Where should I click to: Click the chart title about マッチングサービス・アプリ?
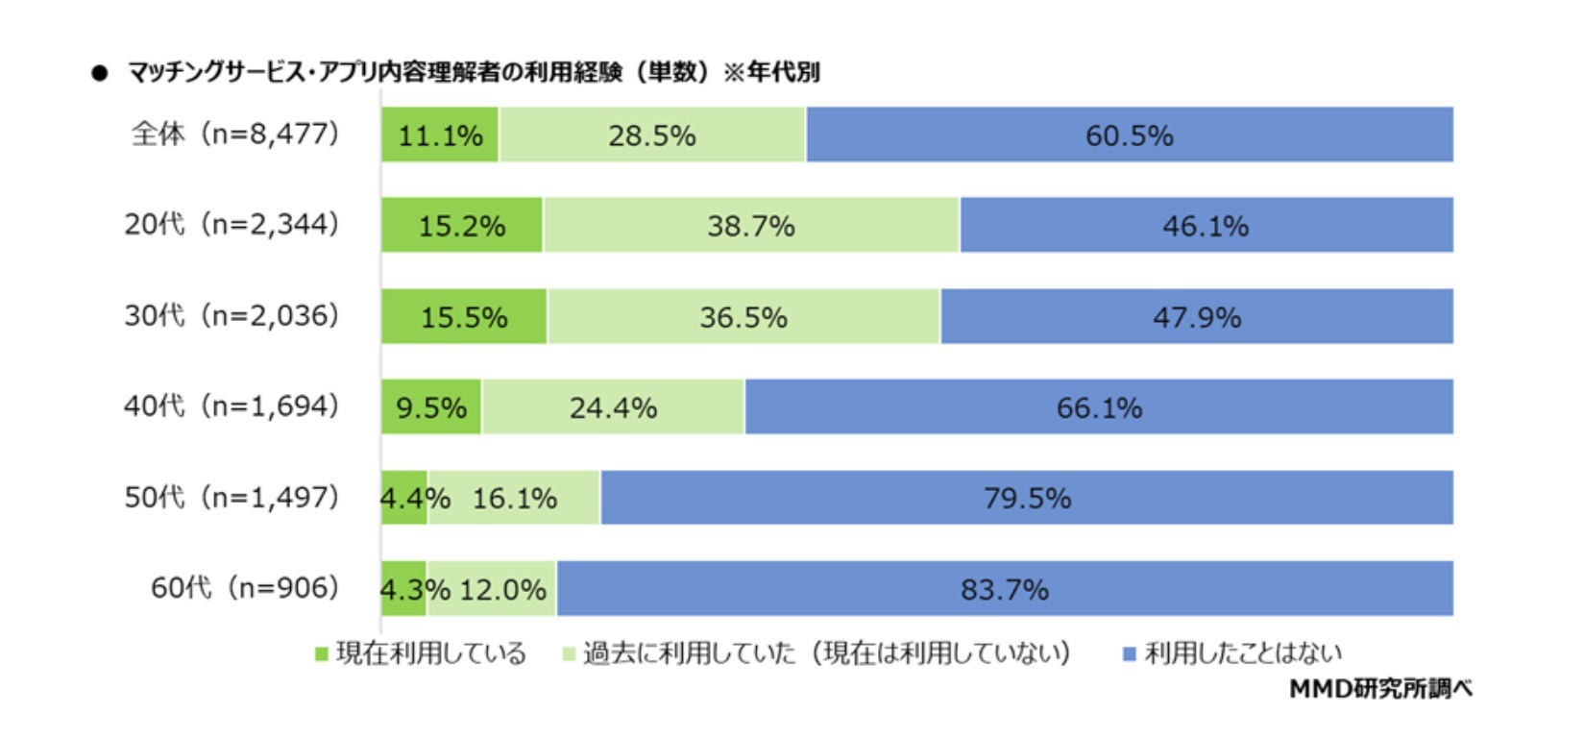(x=473, y=72)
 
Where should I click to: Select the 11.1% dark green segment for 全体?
(x=440, y=135)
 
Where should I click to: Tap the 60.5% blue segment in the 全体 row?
(x=1129, y=135)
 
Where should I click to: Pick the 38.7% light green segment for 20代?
(x=750, y=226)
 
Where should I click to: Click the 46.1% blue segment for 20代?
(x=1206, y=226)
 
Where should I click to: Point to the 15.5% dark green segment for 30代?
(x=464, y=316)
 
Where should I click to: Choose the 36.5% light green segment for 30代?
(x=743, y=316)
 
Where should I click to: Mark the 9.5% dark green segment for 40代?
(x=431, y=407)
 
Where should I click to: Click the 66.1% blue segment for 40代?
(x=1099, y=407)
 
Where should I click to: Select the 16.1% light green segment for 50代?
(x=515, y=498)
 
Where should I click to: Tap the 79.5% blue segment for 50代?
(x=1026, y=498)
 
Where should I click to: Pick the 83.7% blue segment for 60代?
(x=1004, y=588)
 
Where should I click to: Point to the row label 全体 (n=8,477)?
(x=235, y=134)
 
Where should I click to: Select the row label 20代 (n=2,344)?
(x=232, y=225)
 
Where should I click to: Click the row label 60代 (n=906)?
(x=245, y=587)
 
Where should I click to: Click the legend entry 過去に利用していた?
(x=816, y=654)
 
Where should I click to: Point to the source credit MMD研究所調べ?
(x=1379, y=688)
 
